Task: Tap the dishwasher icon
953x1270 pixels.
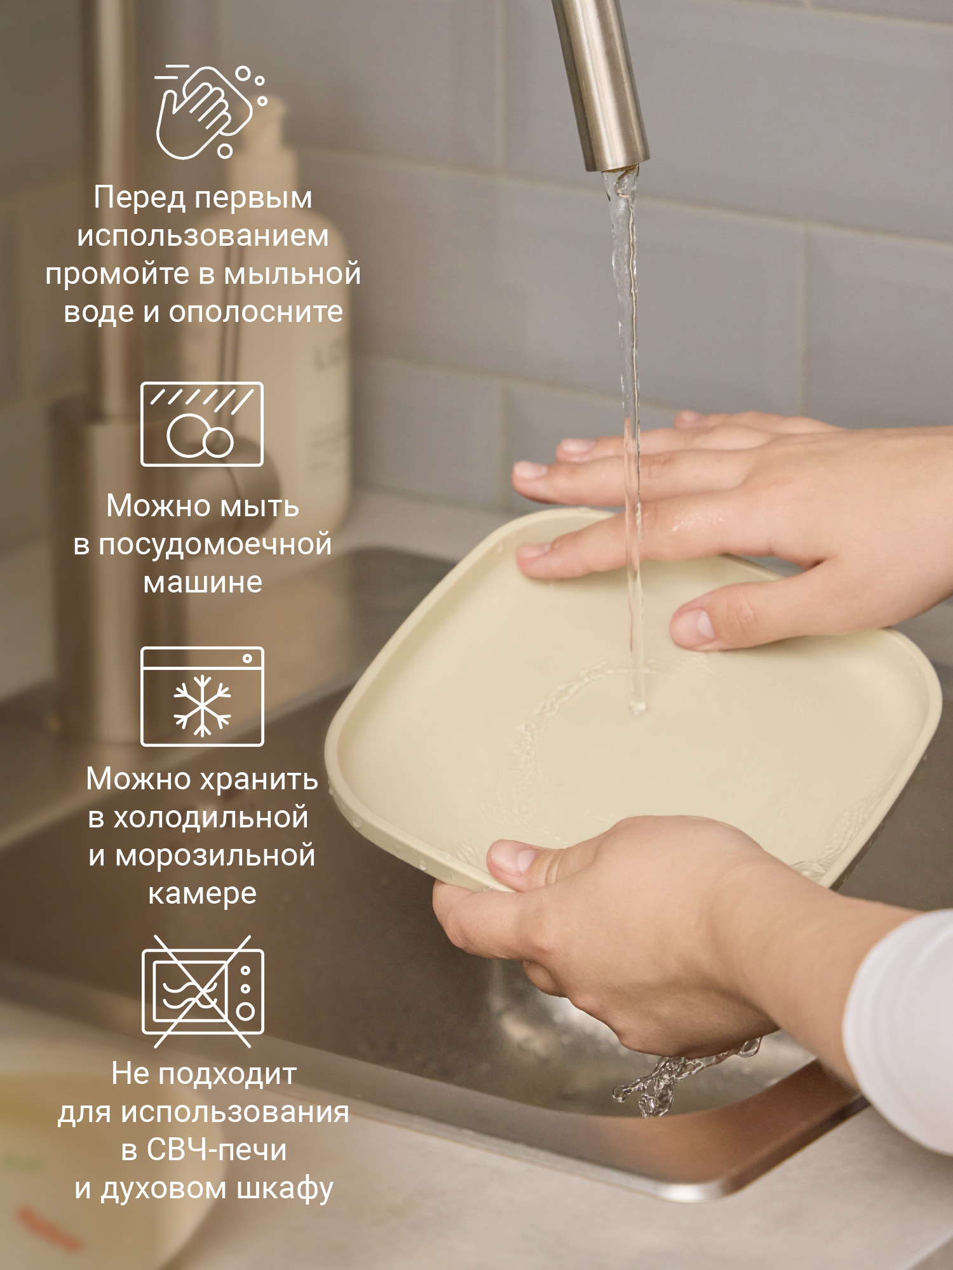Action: click(x=202, y=424)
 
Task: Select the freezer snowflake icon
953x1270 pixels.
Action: click(x=202, y=697)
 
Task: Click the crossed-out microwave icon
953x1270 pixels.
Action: click(x=203, y=991)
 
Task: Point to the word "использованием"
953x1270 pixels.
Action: click(x=203, y=237)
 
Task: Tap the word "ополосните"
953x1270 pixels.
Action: click(x=256, y=312)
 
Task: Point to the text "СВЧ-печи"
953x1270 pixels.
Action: click(x=217, y=1150)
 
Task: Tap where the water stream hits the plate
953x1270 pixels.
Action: click(x=637, y=705)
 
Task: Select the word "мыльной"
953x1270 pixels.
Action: click(x=292, y=275)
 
